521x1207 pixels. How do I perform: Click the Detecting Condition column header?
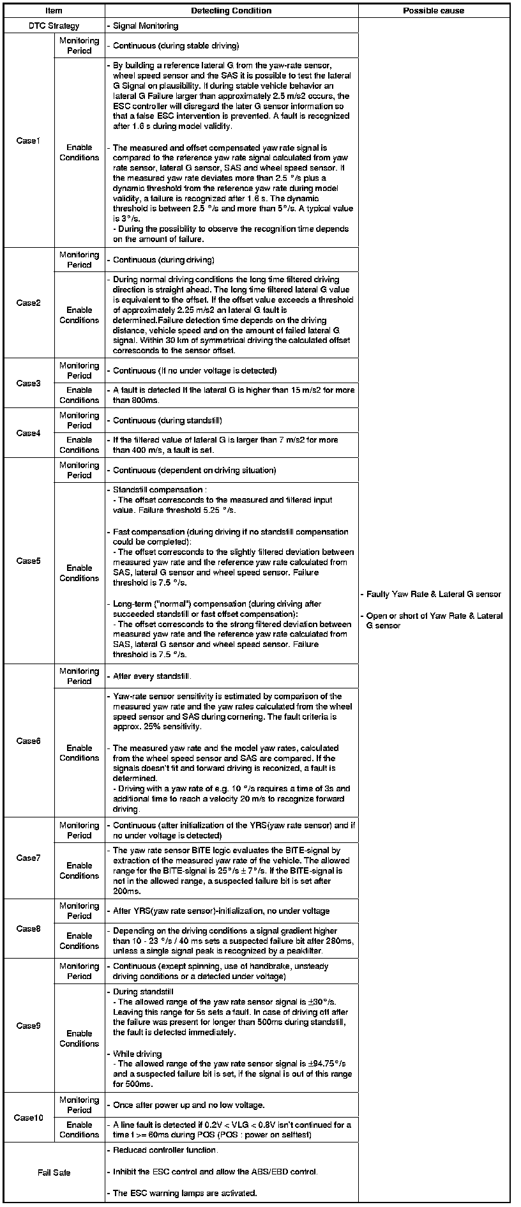tap(230, 11)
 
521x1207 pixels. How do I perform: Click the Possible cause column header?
tap(434, 11)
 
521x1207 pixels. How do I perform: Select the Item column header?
tap(54, 11)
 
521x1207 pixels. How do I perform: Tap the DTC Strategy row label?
tap(54, 26)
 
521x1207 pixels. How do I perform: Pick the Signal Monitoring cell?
tap(145, 26)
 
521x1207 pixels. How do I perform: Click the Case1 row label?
tap(28, 140)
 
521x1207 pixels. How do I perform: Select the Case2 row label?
tap(28, 303)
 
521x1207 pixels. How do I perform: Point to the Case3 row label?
tap(28, 383)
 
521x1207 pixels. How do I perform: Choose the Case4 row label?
tap(28, 433)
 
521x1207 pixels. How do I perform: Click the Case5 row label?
tap(28, 561)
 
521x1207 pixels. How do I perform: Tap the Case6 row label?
tap(28, 741)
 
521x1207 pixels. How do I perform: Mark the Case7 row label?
tap(28, 858)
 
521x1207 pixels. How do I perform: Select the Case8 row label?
tap(28, 929)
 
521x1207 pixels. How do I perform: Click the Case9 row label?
tap(28, 1026)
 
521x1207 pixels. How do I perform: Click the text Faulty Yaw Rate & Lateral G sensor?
tap(434, 594)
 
